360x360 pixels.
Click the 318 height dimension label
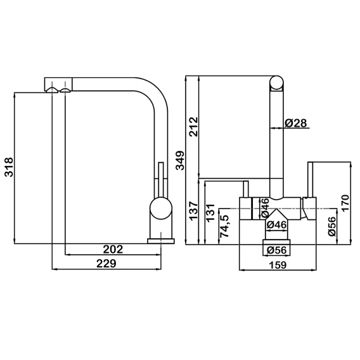(10, 167)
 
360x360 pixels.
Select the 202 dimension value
(113, 250)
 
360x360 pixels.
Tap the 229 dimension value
(106, 264)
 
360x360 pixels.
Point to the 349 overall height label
(180, 160)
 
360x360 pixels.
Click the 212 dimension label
(193, 127)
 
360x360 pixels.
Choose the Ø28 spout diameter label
(296, 123)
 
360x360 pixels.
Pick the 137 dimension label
(193, 211)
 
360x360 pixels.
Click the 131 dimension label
(210, 213)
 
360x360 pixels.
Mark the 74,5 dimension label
(224, 226)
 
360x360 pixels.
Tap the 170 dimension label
(345, 203)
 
